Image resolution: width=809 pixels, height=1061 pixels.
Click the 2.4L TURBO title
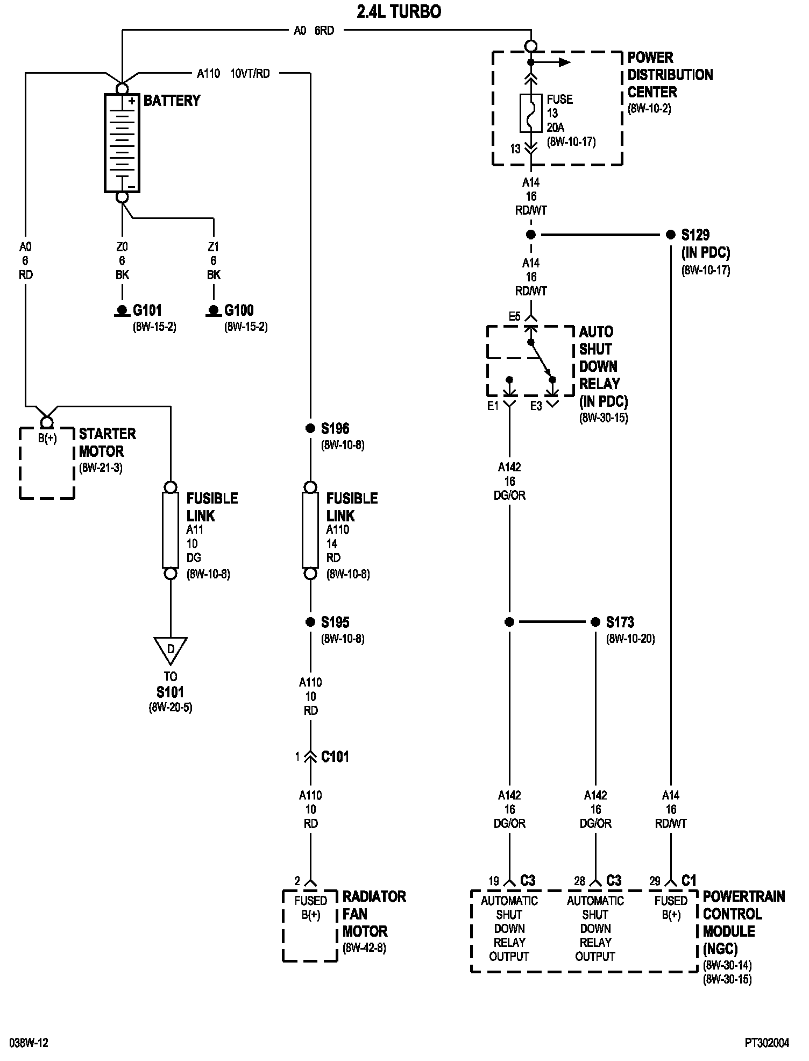[x=399, y=12]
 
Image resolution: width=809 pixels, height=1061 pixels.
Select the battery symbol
[x=122, y=143]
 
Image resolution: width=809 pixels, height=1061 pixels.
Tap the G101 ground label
[x=147, y=310]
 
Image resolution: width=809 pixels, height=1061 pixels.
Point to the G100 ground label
[x=239, y=310]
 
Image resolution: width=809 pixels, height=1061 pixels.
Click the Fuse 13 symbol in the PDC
[x=531, y=113]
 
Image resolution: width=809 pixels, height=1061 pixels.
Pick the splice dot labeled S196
[x=310, y=428]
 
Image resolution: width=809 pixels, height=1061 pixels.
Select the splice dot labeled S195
[x=310, y=622]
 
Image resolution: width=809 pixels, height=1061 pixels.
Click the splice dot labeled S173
[x=595, y=622]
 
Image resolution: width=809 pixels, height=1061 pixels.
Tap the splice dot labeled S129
[x=671, y=235]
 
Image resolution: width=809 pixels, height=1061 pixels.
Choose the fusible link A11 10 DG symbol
[x=171, y=530]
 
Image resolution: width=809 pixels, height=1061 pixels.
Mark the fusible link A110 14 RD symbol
[x=310, y=530]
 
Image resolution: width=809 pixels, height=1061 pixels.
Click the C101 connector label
[x=335, y=756]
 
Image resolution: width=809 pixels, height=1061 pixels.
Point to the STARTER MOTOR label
[x=108, y=442]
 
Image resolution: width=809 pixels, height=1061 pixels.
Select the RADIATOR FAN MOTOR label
[x=374, y=914]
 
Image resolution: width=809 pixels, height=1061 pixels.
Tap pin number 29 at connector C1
[x=655, y=881]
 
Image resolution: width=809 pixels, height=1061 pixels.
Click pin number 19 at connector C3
[x=494, y=881]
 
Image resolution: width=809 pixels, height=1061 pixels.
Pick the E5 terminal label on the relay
[x=515, y=316]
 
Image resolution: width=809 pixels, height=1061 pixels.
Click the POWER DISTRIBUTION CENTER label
[x=670, y=74]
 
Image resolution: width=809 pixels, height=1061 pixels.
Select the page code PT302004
[x=767, y=1043]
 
